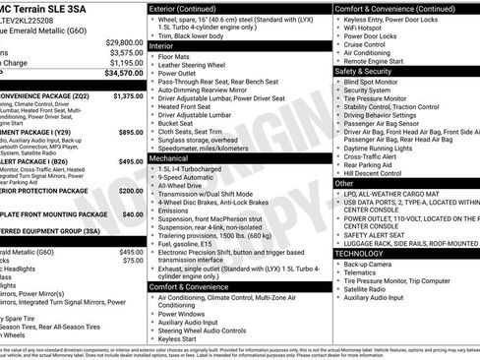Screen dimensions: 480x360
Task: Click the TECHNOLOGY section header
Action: (x=361, y=254)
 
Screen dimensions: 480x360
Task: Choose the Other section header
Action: (x=344, y=183)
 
